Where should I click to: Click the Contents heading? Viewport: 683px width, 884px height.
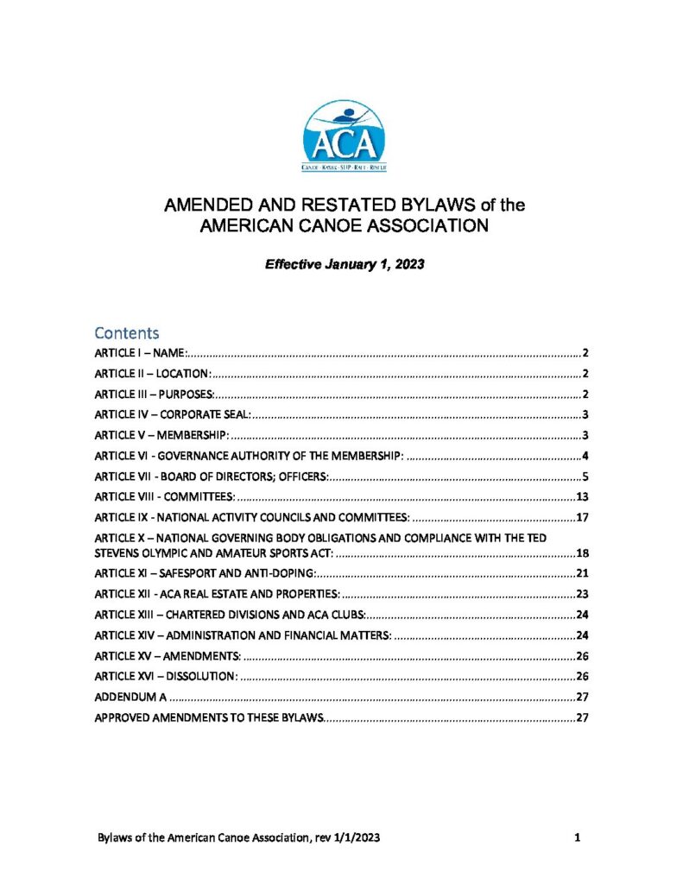coord(127,332)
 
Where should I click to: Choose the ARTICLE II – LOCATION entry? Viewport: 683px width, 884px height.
coord(152,374)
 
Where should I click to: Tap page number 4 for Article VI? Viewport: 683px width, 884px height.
coord(585,456)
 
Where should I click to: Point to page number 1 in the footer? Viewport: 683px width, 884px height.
coord(574,837)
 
